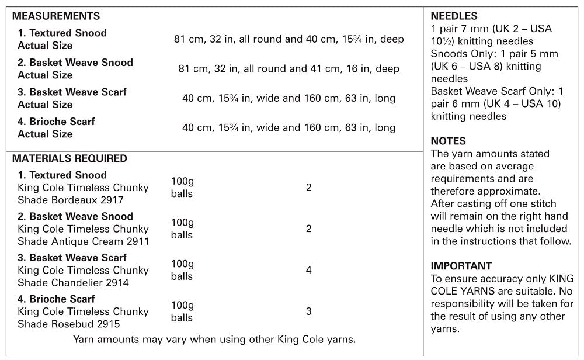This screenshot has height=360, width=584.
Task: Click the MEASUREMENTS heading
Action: [x=56, y=16]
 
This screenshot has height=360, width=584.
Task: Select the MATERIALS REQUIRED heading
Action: [x=69, y=158]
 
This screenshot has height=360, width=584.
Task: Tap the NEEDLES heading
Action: [x=454, y=16]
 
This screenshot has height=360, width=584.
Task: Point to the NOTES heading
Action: [x=449, y=141]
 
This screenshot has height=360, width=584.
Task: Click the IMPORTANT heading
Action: [x=461, y=266]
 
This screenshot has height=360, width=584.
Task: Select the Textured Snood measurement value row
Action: [x=288, y=39]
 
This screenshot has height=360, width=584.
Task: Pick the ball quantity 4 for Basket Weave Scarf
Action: [x=308, y=270]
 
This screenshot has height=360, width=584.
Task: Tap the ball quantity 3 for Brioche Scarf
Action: [x=308, y=311]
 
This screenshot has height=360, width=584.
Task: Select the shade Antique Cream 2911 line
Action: [x=84, y=241]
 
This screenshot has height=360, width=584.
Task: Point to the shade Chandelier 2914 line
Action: [x=73, y=283]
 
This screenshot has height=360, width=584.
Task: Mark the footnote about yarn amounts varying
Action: [x=214, y=339]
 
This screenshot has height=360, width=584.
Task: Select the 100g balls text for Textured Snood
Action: [x=182, y=188]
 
